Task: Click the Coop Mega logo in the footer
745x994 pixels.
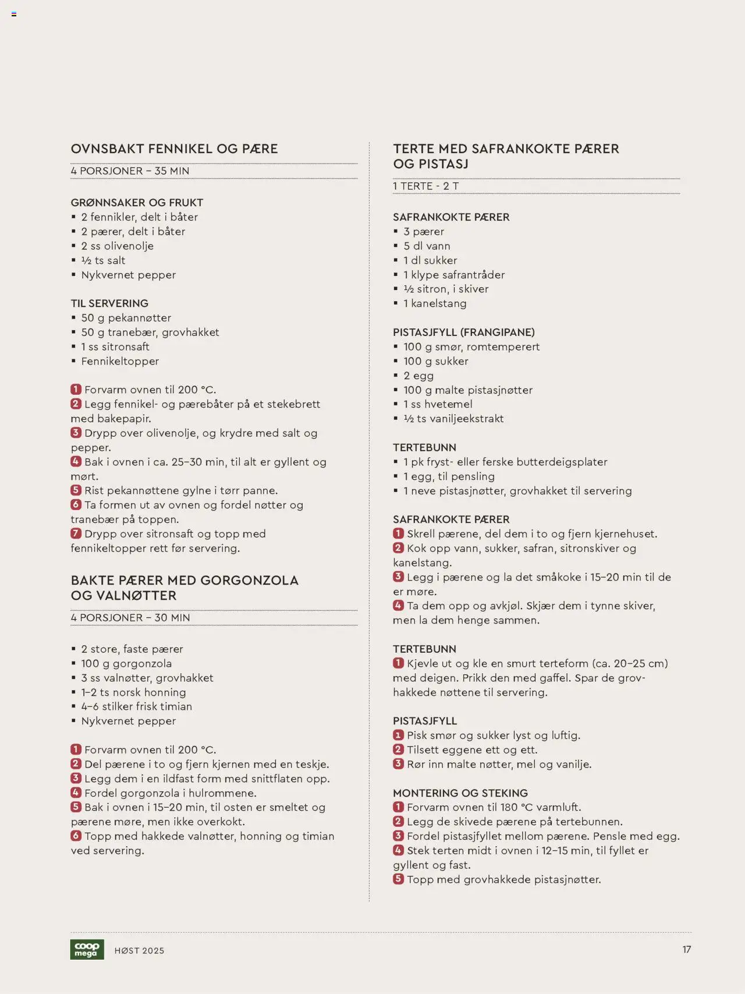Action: [87, 949]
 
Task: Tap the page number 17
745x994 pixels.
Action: [687, 949]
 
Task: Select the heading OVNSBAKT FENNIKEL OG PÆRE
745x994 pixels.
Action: [174, 148]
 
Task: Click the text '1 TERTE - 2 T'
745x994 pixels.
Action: [425, 186]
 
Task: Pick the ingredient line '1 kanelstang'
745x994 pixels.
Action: [435, 303]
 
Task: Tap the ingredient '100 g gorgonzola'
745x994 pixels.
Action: [126, 663]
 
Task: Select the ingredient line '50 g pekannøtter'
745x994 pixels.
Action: [126, 318]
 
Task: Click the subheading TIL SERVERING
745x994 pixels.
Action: [109, 303]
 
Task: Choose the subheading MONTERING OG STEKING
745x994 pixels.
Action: [460, 793]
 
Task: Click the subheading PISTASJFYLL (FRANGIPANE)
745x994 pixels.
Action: [463, 332]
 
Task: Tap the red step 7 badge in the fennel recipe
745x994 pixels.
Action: [76, 533]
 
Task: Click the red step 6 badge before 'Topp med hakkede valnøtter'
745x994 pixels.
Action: [76, 836]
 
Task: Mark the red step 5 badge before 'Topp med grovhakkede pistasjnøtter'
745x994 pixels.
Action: [398, 879]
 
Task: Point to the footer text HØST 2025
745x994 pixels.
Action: [139, 950]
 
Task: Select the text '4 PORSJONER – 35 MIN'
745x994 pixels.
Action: [130, 171]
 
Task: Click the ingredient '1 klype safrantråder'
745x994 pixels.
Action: [454, 275]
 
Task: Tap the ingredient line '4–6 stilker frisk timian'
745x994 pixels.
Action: [136, 706]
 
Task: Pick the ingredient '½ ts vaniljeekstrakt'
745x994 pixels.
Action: [453, 419]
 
